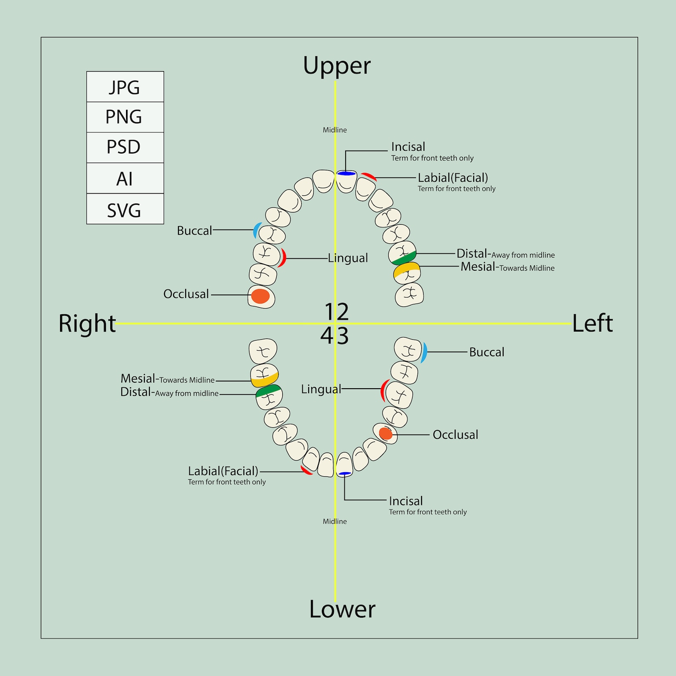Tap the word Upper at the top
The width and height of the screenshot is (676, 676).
[337, 66]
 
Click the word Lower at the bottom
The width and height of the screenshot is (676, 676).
[342, 609]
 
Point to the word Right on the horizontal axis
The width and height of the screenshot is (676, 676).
[87, 324]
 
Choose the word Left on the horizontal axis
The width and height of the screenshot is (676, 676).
[592, 324]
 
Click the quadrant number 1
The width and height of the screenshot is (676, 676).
[330, 312]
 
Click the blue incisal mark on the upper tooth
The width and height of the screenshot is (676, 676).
[346, 173]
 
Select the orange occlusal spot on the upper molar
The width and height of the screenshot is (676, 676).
[260, 296]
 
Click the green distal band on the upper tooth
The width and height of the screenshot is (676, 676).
[403, 258]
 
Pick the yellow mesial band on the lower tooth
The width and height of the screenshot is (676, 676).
[264, 380]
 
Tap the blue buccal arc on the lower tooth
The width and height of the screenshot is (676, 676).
[424, 352]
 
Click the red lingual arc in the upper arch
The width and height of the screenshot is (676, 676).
[283, 258]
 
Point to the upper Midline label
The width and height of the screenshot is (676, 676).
[335, 130]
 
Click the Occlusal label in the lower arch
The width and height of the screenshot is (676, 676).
[455, 435]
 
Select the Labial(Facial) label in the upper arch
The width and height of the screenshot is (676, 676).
[453, 178]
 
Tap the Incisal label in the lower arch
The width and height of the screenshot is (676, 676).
[406, 501]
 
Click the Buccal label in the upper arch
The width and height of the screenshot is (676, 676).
[195, 231]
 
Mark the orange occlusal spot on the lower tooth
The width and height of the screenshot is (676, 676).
[385, 433]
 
